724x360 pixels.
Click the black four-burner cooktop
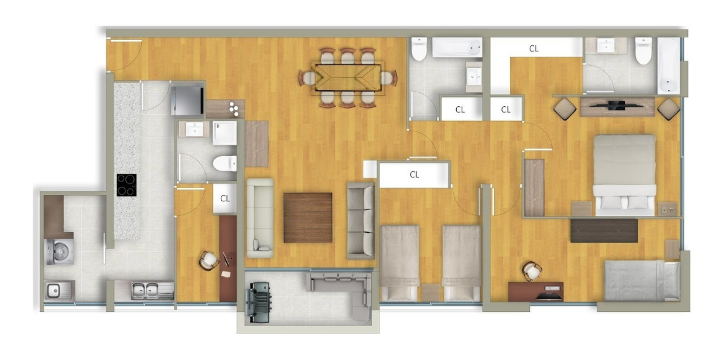click(x=126, y=185)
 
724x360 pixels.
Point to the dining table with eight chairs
click(x=347, y=78)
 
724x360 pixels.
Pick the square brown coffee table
click(x=308, y=217)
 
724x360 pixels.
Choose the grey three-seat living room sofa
click(x=361, y=220)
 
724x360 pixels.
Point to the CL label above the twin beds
click(x=414, y=175)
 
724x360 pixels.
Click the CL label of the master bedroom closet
click(x=533, y=49)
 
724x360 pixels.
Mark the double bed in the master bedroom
click(x=624, y=175)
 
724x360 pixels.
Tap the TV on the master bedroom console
click(x=616, y=106)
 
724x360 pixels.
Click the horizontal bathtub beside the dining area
click(x=457, y=48)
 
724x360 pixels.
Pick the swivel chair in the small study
click(x=209, y=260)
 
